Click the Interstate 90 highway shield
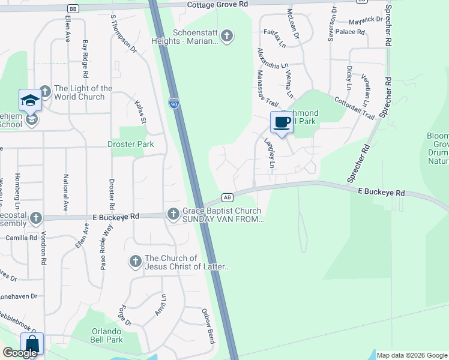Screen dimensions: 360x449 tap(174, 103)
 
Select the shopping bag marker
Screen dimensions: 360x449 tap(32, 345)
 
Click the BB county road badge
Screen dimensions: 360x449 tap(73, 9)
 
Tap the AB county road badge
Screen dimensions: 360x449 tap(227, 197)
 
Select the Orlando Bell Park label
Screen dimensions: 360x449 tap(107, 335)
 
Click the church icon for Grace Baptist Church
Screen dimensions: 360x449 tap(173, 213)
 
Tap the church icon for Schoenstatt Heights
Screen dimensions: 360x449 tap(226, 36)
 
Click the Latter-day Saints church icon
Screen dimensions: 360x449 tap(136, 261)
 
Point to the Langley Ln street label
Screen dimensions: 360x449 tap(270, 153)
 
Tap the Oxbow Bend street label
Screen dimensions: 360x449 tap(208, 322)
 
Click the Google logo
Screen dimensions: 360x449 tap(20, 353)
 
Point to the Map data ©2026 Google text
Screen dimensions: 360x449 tap(412, 355)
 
